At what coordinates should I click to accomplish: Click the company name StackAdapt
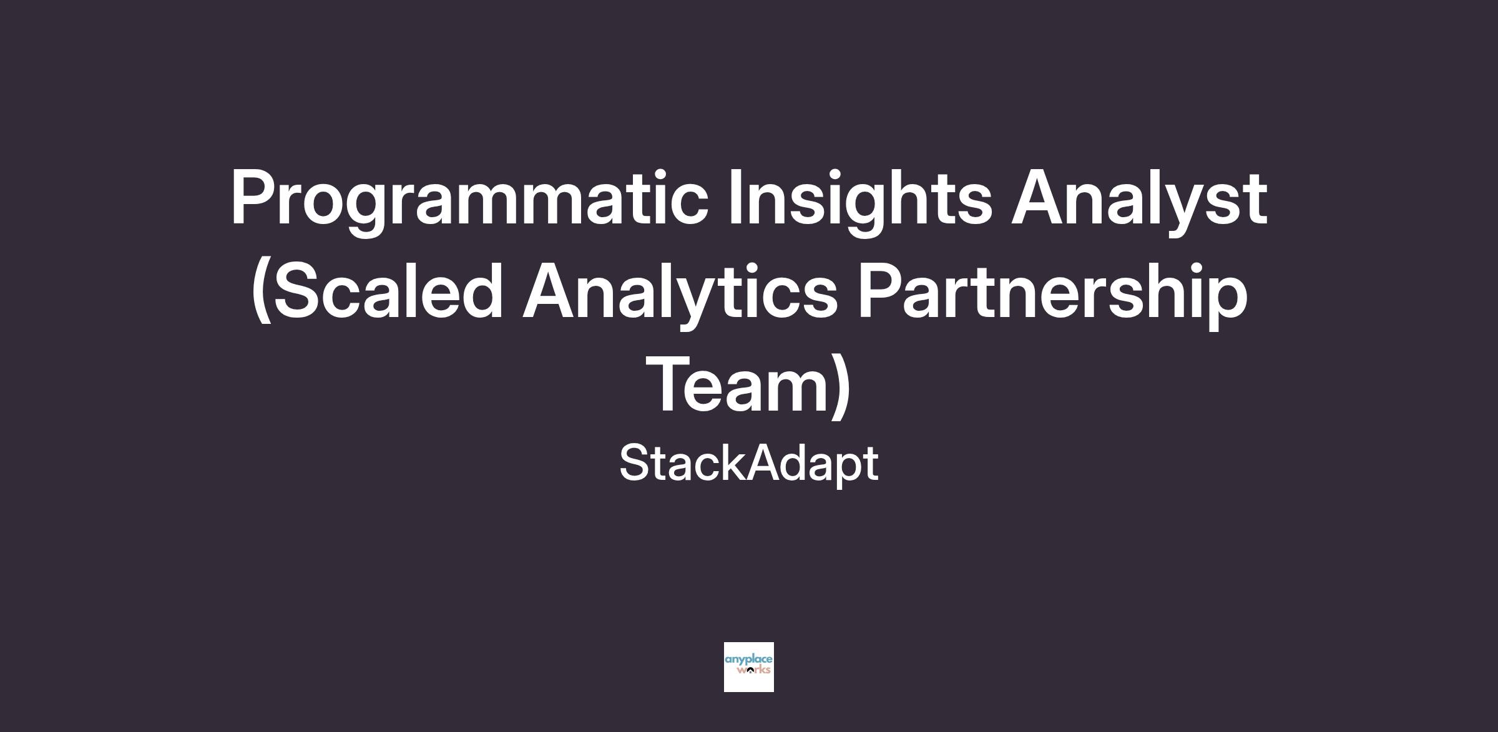[x=749, y=464]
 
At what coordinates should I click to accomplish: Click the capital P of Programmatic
[x=256, y=197]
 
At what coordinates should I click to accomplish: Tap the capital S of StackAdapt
[x=635, y=463]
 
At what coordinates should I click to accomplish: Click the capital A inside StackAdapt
[x=765, y=463]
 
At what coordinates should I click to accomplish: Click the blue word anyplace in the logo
[x=749, y=660]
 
